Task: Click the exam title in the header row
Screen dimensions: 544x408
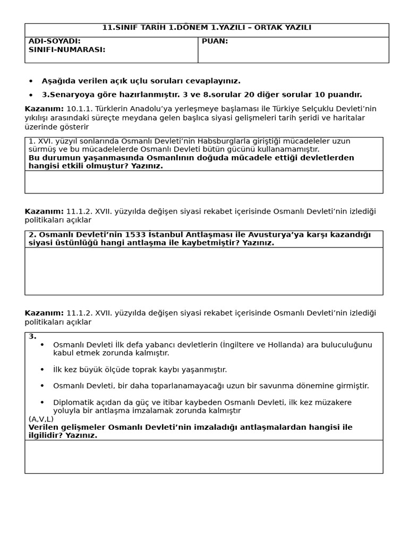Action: click(x=207, y=28)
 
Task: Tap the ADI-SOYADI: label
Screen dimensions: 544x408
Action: click(x=54, y=41)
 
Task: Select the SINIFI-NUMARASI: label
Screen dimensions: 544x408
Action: click(x=66, y=50)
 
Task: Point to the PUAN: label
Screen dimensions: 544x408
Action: click(x=215, y=41)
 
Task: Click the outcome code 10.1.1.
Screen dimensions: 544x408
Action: click(x=80, y=109)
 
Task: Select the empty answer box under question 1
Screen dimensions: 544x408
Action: click(x=203, y=182)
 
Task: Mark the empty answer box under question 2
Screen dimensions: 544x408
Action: click(x=203, y=271)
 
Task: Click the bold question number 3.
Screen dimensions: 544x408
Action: click(x=32, y=336)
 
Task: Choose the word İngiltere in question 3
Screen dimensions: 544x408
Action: click(x=242, y=345)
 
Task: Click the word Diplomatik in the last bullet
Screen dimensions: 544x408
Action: click(x=72, y=403)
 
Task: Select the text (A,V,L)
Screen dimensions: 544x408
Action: click(x=41, y=419)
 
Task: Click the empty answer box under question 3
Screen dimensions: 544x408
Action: click(x=203, y=456)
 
